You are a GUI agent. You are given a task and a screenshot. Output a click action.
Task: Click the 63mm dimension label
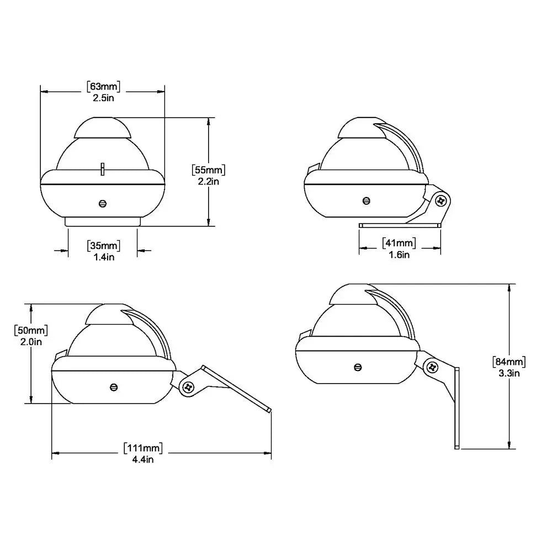point(103,86)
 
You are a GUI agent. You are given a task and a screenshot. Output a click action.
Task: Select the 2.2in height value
point(208,181)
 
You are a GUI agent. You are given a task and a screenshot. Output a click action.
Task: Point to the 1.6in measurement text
point(399,254)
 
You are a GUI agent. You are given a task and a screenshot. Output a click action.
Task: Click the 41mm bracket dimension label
point(399,242)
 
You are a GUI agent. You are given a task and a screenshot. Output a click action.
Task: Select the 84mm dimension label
point(508,362)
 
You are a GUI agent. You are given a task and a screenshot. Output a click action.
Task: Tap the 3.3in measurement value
point(508,373)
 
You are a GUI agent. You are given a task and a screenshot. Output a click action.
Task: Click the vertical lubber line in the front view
point(103,169)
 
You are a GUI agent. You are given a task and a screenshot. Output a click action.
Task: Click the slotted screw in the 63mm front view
point(102,203)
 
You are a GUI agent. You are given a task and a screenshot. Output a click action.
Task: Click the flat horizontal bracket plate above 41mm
point(400,225)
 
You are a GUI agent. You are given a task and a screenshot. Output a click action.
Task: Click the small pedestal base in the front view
point(103,221)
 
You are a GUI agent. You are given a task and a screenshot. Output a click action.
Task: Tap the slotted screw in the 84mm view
point(358,367)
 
